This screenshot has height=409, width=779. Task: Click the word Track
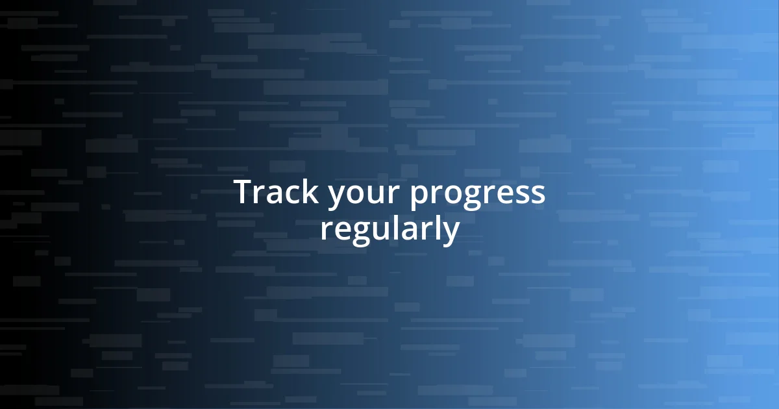pyautogui.click(x=275, y=193)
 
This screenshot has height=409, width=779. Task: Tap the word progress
pyautogui.click(x=477, y=195)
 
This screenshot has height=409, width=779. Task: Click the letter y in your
pyautogui.click(x=336, y=197)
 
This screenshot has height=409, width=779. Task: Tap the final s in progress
pyautogui.click(x=537, y=195)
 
